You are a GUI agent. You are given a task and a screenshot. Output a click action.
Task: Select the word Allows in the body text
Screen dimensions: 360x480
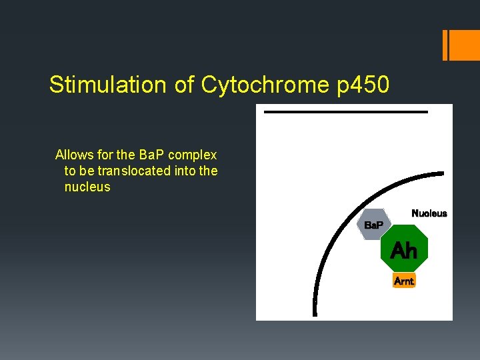(74, 155)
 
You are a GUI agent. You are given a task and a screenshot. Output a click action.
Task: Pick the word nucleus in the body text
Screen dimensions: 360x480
(87, 187)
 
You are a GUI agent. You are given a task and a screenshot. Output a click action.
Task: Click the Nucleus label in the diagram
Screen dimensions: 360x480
(429, 213)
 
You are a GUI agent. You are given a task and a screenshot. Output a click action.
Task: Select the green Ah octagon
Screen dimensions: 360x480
(403, 251)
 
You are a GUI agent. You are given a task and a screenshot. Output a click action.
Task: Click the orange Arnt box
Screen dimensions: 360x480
(404, 281)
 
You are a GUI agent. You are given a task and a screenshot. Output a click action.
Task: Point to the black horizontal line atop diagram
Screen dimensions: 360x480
(345, 112)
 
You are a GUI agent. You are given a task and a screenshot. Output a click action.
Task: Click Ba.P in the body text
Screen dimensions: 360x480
(152, 155)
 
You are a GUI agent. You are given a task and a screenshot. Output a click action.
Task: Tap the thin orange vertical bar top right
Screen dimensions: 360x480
(445, 45)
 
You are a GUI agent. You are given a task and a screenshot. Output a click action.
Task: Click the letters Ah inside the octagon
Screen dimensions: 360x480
(403, 251)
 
